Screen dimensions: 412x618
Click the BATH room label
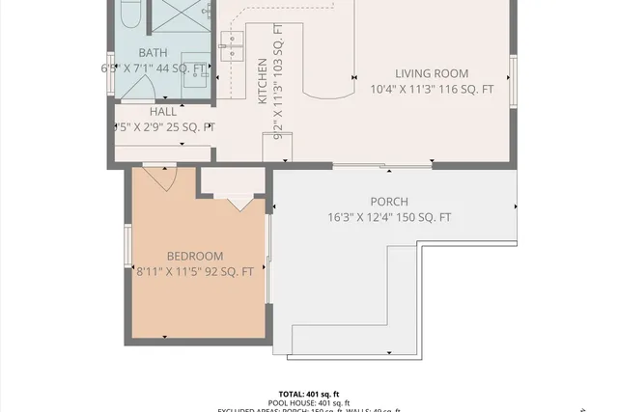(x=153, y=53)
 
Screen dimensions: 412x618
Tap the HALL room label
(x=163, y=112)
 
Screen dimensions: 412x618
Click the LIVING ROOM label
(x=432, y=73)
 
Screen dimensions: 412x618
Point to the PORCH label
(x=388, y=202)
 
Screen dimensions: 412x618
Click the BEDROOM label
(x=195, y=256)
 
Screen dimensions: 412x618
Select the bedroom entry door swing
(x=157, y=177)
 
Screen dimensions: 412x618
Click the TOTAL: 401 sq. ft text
(x=308, y=394)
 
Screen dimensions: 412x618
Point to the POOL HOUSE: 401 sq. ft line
(x=308, y=403)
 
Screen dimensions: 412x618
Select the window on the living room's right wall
(x=514, y=76)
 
